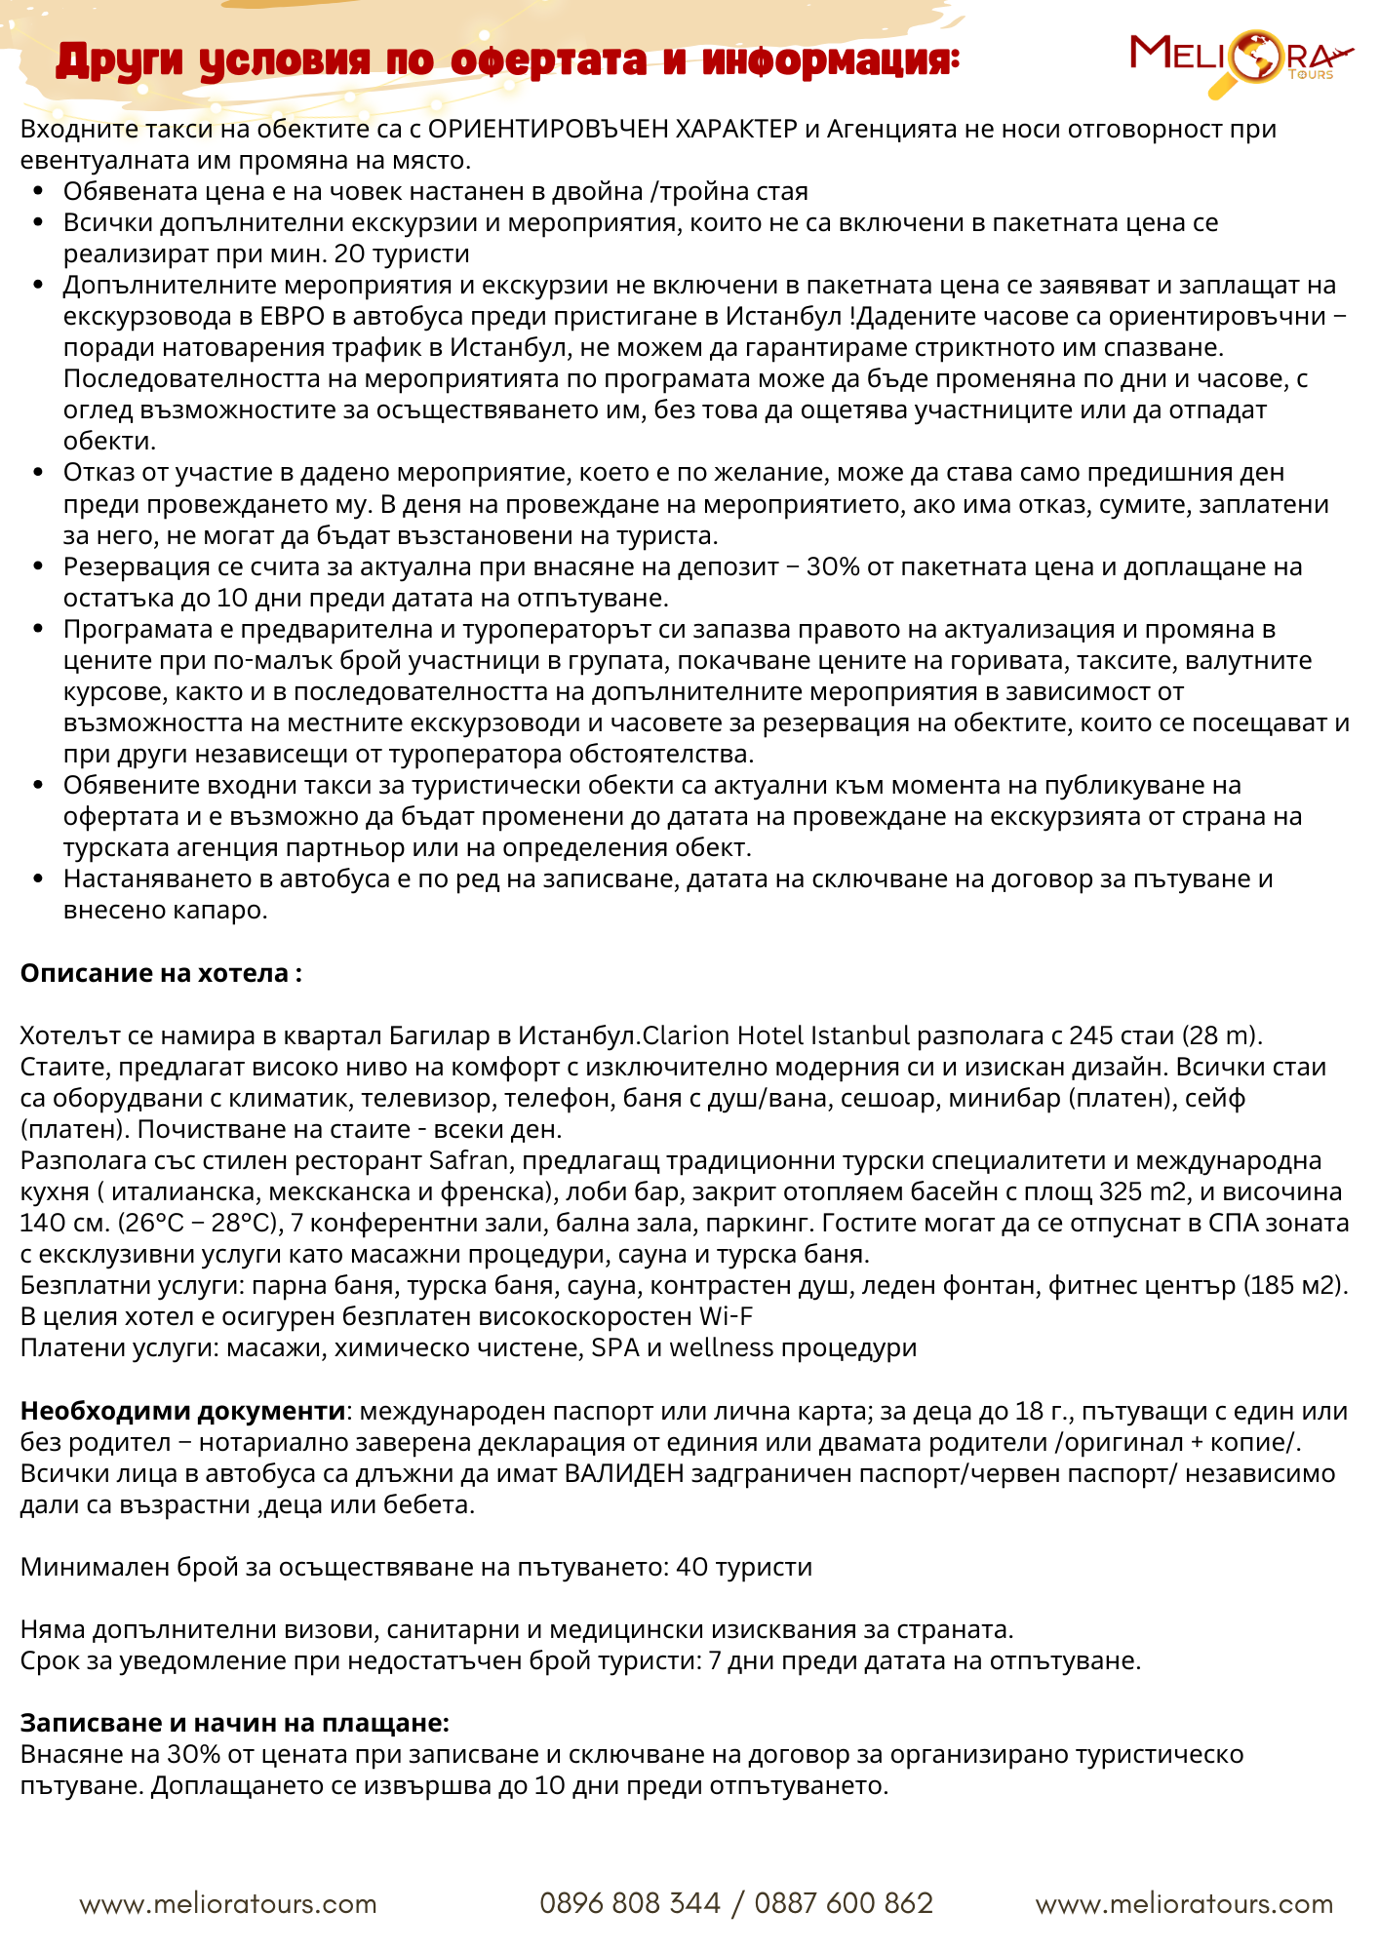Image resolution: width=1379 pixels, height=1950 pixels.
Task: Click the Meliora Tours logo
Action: [1239, 59]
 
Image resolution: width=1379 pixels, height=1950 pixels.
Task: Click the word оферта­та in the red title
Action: [548, 60]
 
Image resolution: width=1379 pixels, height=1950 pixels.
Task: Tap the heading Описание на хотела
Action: [161, 973]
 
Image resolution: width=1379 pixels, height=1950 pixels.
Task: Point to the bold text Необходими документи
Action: [182, 1411]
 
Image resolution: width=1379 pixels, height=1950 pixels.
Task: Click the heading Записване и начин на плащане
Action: [234, 1723]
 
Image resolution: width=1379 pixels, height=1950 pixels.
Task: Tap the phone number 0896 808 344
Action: [629, 1903]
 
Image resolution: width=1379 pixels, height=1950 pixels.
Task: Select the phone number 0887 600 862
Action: [844, 1903]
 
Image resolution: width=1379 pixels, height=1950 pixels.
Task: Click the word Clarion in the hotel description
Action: [686, 1035]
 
